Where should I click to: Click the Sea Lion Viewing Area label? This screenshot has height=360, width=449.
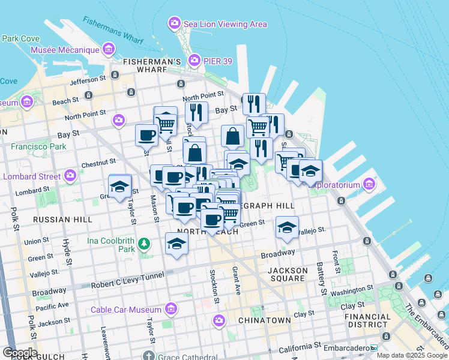click(x=225, y=24)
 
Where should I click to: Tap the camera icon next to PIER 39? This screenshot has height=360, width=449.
click(x=194, y=60)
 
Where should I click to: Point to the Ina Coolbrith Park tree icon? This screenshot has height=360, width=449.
click(x=143, y=244)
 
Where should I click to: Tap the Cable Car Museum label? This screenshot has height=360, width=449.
click(x=126, y=310)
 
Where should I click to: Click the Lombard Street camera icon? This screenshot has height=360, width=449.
click(x=70, y=176)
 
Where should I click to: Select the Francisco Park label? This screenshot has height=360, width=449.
click(x=38, y=146)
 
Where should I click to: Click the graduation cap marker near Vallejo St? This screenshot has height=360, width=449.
click(x=287, y=227)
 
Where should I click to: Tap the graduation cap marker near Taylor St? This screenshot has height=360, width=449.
click(x=119, y=185)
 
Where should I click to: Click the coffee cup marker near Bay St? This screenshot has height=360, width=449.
click(x=146, y=136)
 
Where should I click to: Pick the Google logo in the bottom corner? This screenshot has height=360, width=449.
click(x=20, y=353)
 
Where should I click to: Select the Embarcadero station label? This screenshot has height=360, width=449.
click(x=347, y=347)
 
